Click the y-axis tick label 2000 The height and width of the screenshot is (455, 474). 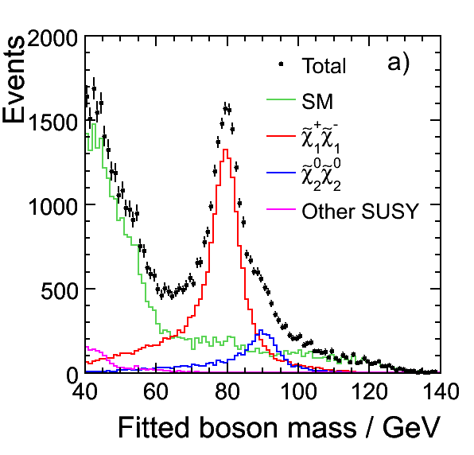53,38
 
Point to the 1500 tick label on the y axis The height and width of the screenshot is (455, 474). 53,122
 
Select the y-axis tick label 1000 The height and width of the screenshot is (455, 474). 53,207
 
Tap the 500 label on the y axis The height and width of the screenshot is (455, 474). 60,291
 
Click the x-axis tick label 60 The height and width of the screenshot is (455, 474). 155,391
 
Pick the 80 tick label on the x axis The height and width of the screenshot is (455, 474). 227,391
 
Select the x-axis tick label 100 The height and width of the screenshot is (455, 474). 299,391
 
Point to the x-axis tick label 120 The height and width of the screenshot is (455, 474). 369,391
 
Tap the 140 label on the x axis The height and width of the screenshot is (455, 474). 441,391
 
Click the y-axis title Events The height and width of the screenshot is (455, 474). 14,80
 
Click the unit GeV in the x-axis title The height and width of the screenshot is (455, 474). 411,428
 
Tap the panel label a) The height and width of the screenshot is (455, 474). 398,64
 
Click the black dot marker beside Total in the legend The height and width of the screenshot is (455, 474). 281,64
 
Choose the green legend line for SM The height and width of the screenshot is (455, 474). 281,99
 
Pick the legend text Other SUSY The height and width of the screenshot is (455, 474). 360,211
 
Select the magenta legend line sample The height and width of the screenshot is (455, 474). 281,209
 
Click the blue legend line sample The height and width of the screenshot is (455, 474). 281,173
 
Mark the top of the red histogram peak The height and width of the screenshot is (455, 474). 225,150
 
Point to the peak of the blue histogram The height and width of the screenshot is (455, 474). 261,330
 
